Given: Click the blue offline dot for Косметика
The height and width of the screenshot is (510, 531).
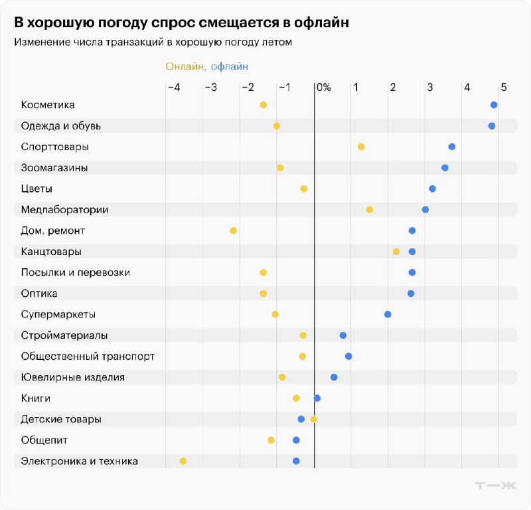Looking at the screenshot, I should pos(494,105).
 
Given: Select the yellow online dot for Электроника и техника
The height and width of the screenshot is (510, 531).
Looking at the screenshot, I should pos(183,461).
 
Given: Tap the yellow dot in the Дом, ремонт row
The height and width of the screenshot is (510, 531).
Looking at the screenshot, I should pos(233,230).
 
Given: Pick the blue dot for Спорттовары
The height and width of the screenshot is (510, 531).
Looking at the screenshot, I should pos(452,147).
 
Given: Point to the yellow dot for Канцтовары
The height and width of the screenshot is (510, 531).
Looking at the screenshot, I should pos(396,252).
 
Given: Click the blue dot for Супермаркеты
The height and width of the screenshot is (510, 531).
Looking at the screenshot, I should pos(388,314).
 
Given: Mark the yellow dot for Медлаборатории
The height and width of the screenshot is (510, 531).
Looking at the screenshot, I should pos(370,210).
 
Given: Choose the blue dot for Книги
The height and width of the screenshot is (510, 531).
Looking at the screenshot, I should pos(317,398).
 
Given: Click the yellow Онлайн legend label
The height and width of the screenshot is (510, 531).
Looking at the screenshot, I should pos(186,66).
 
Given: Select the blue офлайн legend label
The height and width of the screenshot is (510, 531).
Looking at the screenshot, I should pos(230,66).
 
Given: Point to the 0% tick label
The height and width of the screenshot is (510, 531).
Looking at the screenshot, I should pos(323,88).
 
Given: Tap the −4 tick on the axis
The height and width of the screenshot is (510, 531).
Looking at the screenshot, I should pos(173,88).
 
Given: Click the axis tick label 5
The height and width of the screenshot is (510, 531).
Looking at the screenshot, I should pos(504,88).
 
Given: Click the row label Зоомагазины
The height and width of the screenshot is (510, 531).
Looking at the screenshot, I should pos(54,168).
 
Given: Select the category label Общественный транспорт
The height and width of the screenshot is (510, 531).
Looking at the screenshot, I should pos(88,357).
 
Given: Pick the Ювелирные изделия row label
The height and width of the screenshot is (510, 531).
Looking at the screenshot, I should pos(73,377).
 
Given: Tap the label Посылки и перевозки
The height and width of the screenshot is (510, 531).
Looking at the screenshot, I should pos(76,273).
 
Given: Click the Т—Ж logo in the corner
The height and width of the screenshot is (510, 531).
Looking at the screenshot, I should pos(495,485).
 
